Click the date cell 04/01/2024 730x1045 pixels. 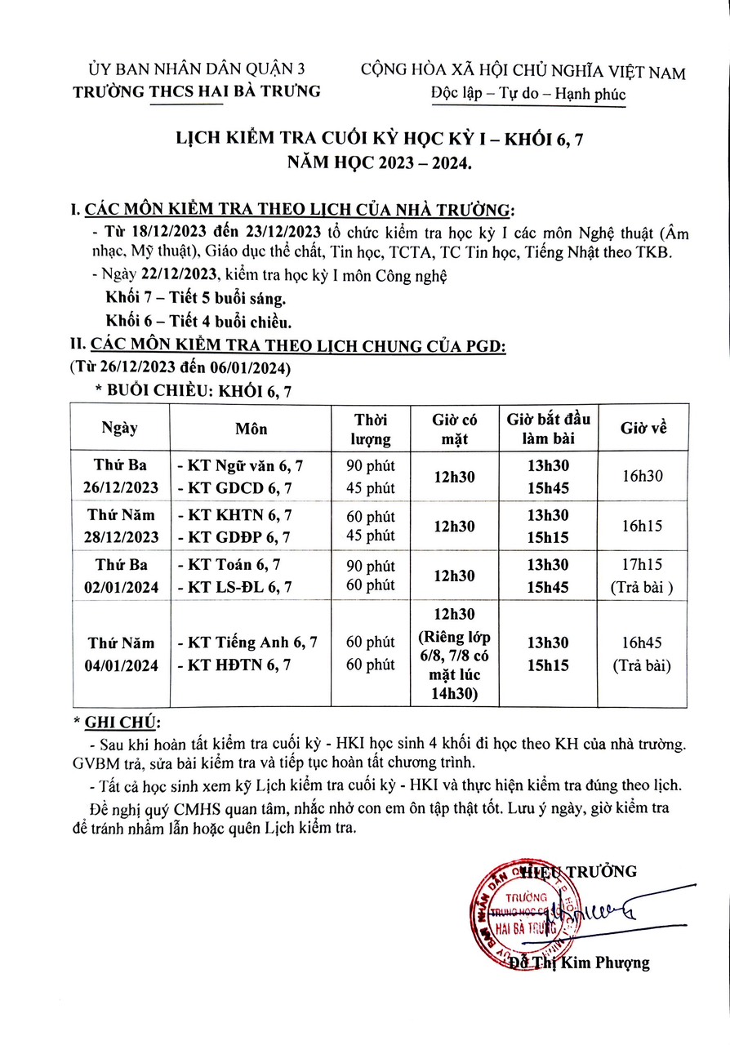120,664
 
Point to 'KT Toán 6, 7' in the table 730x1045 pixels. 229,566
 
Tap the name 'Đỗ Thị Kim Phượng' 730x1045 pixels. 579,963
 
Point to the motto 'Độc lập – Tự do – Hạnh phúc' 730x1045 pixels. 527,94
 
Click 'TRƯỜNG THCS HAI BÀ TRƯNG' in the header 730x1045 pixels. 197,91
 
